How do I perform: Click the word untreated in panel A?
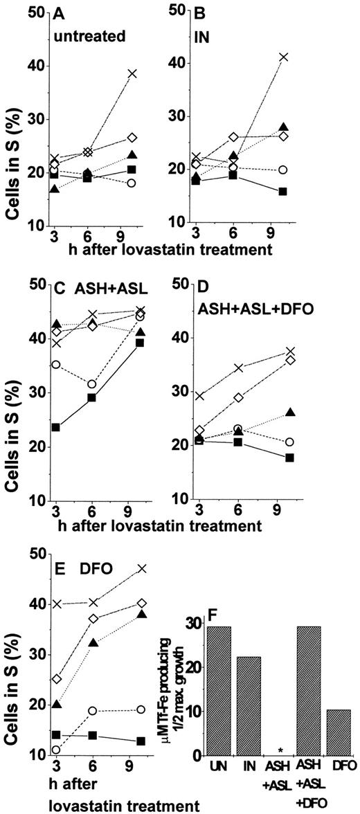pyautogui.click(x=85, y=32)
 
